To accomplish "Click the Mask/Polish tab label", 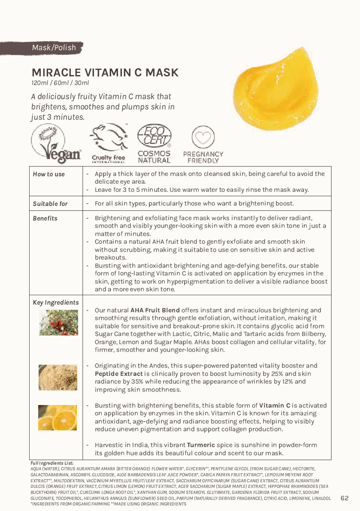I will coord(54,48).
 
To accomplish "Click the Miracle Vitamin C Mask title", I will coord(105,73).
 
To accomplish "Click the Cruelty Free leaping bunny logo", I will coord(109,143).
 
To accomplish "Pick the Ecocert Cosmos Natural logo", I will coord(154,143).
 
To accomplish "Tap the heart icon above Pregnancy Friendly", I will coord(203,137).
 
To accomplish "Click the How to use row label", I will coord(49,174).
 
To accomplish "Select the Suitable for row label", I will coord(50,204).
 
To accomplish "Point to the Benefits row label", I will coord(45,218).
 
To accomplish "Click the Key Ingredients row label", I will coord(56,302).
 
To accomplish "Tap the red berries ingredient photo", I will coord(58,322).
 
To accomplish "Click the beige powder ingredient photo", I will coord(58,378).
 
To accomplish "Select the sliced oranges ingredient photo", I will coord(57,417).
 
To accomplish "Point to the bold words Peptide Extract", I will coord(119,374).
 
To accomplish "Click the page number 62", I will coord(345,498).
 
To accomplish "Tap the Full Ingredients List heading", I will coord(52,463).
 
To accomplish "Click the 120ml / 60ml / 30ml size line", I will coord(60,83).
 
